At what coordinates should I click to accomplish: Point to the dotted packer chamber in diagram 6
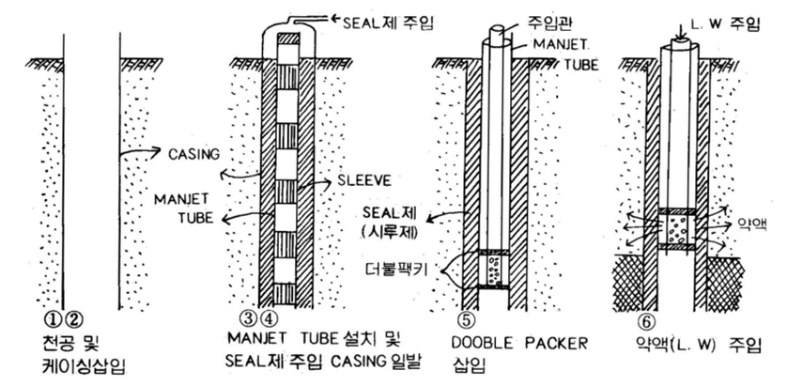point(678,227)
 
